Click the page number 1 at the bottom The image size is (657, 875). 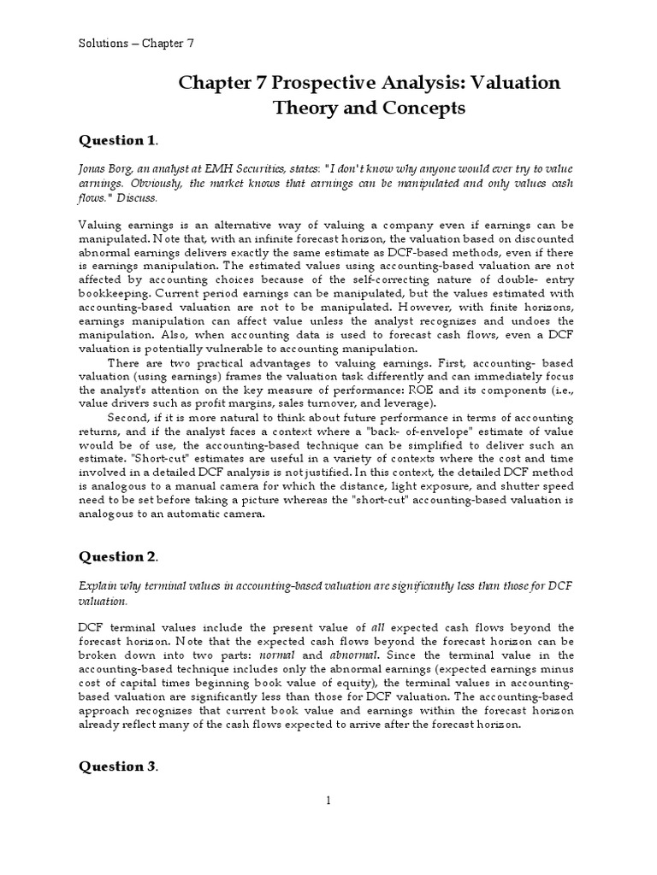(327, 800)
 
